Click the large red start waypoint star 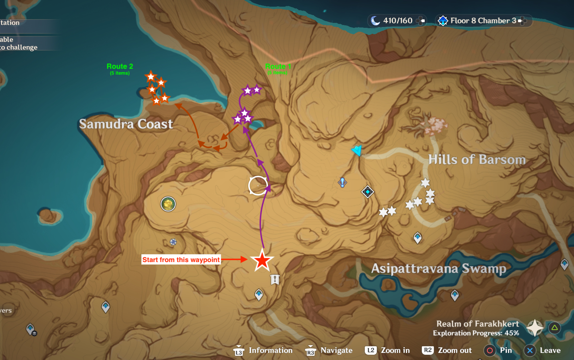pyautogui.click(x=262, y=261)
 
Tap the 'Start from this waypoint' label pyautogui.click(x=181, y=260)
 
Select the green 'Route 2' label pyautogui.click(x=120, y=67)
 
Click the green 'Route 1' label pyautogui.click(x=278, y=67)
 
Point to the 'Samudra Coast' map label pyautogui.click(x=126, y=124)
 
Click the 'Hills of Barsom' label pyautogui.click(x=477, y=160)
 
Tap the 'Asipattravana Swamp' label pyautogui.click(x=438, y=268)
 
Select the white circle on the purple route pyautogui.click(x=258, y=185)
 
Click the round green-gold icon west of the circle pyautogui.click(x=168, y=204)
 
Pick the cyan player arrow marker pyautogui.click(x=357, y=150)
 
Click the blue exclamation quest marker pyautogui.click(x=342, y=182)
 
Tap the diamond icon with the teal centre pyautogui.click(x=368, y=192)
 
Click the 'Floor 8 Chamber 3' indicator pyautogui.click(x=483, y=21)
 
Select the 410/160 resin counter pyautogui.click(x=397, y=21)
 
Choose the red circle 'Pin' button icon pyautogui.click(x=489, y=350)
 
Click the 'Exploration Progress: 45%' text pyautogui.click(x=476, y=333)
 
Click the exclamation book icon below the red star pyautogui.click(x=275, y=280)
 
